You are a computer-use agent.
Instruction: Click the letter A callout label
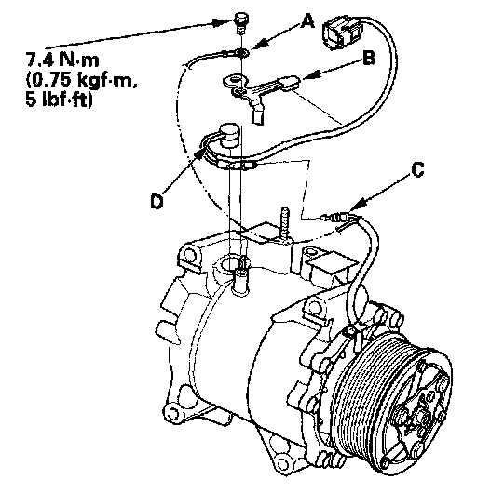307,22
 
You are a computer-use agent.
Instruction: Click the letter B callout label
369,59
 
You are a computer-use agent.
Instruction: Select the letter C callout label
417,170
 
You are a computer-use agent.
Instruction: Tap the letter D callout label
157,201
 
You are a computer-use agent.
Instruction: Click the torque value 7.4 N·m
62,60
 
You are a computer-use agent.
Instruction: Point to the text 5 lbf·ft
59,100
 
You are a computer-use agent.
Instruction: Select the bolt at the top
240,22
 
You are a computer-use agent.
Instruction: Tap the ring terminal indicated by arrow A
242,53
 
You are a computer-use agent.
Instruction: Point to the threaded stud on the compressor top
285,224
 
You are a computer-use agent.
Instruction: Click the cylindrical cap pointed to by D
229,134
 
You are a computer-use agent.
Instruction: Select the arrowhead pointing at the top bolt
221,22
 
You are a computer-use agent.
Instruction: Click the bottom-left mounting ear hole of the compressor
172,411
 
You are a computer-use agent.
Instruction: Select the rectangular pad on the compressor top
333,263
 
